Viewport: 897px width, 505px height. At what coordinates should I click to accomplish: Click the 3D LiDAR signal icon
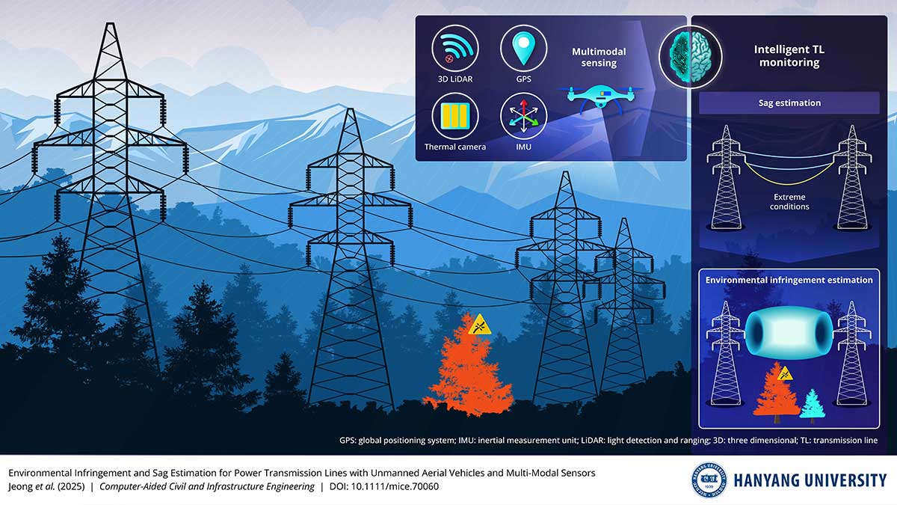pyautogui.click(x=455, y=48)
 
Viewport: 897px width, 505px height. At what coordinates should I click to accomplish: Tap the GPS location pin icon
pyautogui.click(x=523, y=48)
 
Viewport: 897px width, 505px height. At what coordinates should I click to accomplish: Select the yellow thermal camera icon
pyautogui.click(x=455, y=116)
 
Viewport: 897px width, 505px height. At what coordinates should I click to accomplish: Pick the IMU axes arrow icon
pyautogui.click(x=523, y=116)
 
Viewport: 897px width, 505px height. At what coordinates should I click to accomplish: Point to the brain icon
pyautogui.click(x=690, y=58)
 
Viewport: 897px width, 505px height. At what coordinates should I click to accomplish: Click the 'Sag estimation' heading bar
pyautogui.click(x=789, y=103)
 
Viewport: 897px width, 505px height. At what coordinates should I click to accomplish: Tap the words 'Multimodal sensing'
pyautogui.click(x=599, y=58)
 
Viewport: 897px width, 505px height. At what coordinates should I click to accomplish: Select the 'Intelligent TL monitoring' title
pyautogui.click(x=789, y=55)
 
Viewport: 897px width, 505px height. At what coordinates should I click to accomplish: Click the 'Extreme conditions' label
pyautogui.click(x=789, y=202)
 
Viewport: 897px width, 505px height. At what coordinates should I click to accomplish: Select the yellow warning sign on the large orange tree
pyautogui.click(x=479, y=325)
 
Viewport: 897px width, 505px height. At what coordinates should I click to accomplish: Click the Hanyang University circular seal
pyautogui.click(x=709, y=480)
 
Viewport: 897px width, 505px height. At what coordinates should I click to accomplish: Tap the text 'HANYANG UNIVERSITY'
pyautogui.click(x=810, y=480)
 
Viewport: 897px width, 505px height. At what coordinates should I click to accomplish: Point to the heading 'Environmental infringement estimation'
pyautogui.click(x=789, y=280)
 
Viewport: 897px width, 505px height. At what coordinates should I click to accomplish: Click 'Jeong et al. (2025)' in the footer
pyautogui.click(x=46, y=486)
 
